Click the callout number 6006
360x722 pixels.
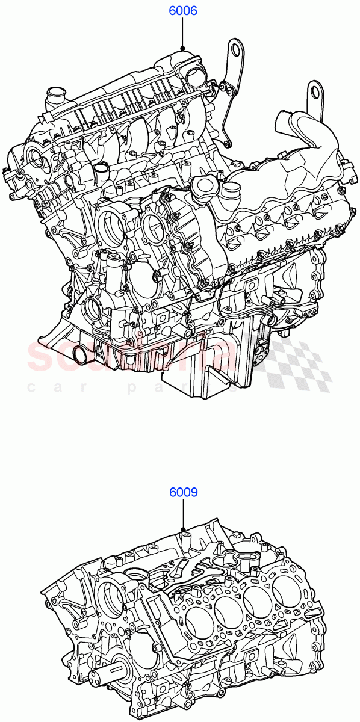click(x=183, y=11)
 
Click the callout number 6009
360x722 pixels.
click(x=183, y=492)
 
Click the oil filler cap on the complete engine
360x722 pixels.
click(x=203, y=185)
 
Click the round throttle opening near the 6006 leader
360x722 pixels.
click(x=194, y=76)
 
